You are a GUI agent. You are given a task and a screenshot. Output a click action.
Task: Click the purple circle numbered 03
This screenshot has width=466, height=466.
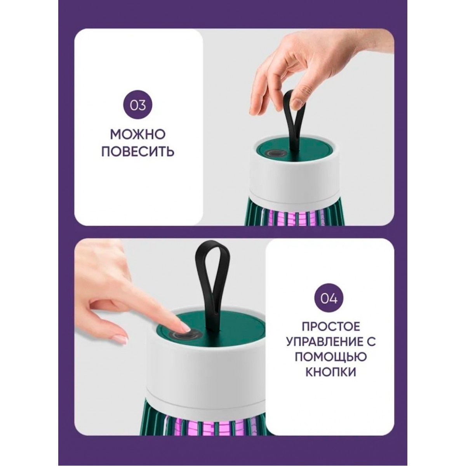tap(138, 106)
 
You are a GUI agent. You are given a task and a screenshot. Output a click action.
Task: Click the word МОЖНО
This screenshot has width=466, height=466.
tap(138, 135)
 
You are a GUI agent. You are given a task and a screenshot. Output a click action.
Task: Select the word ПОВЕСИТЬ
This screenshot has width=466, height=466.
tap(138, 151)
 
